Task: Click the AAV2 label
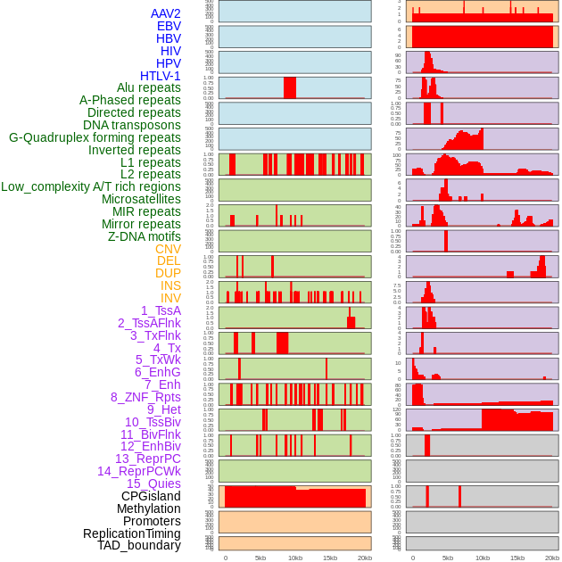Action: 165,13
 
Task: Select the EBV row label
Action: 169,26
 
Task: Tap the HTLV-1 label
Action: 161,76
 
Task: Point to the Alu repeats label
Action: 149,87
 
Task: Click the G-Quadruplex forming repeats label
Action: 95,137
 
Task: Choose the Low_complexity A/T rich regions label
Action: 91,186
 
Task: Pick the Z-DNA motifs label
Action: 145,236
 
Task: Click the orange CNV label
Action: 168,249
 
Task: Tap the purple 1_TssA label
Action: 161,310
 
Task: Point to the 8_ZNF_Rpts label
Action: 145,397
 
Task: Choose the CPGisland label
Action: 151,496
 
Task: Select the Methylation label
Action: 149,508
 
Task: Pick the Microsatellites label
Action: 141,199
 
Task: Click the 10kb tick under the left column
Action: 295,558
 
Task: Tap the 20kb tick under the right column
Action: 552,558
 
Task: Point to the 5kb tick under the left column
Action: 260,558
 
